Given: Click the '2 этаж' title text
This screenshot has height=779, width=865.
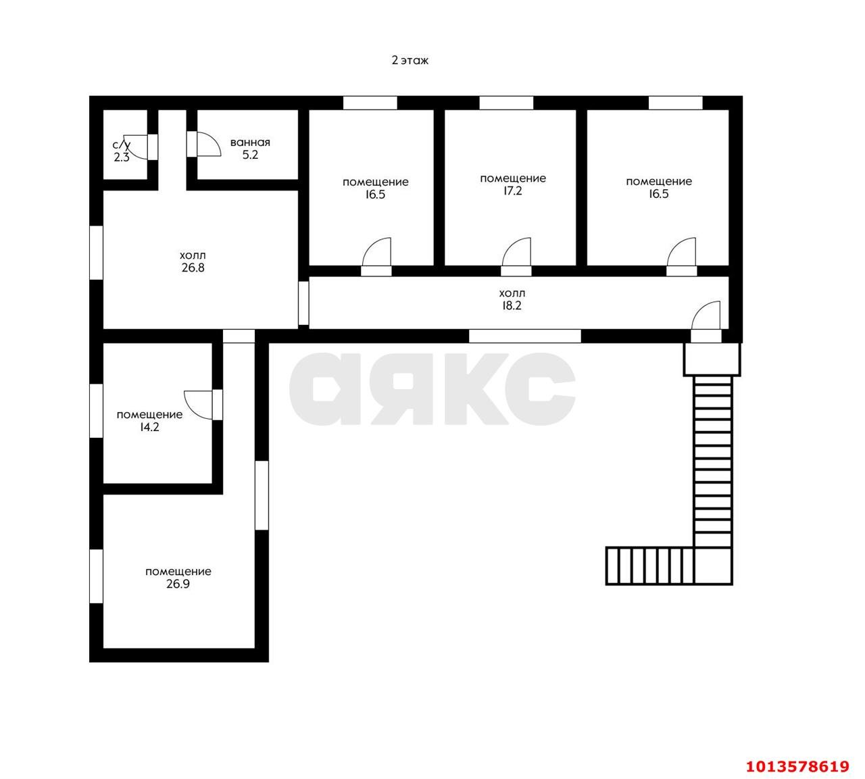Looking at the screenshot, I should coord(410,61).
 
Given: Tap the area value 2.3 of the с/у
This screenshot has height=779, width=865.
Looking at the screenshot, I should coord(122,157).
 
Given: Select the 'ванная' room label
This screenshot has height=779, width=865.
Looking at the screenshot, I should coord(250,143).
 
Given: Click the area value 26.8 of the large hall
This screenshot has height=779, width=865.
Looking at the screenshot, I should coord(193,268).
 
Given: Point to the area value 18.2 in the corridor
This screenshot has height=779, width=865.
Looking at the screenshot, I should coord(512,305).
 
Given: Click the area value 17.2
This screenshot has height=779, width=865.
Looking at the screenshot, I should coord(512,191).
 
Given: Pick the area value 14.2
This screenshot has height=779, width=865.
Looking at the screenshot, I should coord(149,427).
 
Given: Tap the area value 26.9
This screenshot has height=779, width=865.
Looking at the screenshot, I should coord(178,584).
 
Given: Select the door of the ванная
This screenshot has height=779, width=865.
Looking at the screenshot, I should coord(204,144).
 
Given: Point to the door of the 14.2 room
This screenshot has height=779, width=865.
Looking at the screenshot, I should coord(201,404).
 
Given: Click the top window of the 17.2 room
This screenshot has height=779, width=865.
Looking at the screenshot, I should coord(506,103).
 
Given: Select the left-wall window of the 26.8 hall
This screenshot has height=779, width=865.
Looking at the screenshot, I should coord(97,252).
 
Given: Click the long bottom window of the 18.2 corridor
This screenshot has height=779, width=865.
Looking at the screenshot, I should coord(525,336).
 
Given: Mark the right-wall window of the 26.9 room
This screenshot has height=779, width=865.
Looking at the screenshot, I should coord(262,495).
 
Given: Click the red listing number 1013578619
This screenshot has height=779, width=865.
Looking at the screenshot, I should coord(797,766).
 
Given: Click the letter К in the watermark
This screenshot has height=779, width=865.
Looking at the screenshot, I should coord(474,390).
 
